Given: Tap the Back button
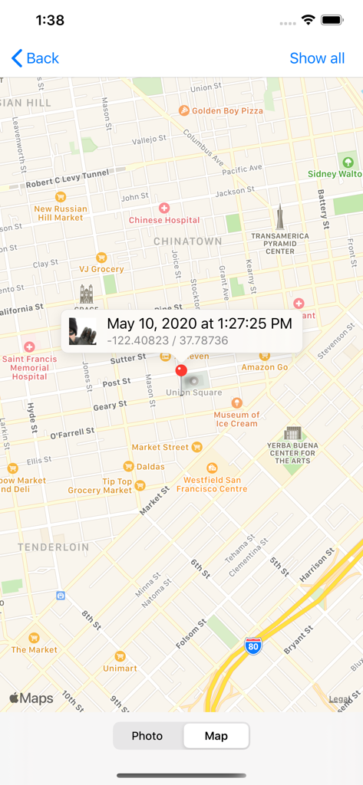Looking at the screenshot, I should [35, 58].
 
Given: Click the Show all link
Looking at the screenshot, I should [317, 58].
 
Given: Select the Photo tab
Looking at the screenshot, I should [147, 736].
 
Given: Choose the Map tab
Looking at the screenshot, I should [216, 736].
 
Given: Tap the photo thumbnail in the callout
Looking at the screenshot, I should [83, 331].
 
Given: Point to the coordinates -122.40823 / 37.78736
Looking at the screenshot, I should [167, 340].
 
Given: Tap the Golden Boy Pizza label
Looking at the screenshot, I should [227, 110].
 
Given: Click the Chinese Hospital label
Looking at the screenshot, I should [164, 220].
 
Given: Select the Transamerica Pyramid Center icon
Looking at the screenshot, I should [280, 218].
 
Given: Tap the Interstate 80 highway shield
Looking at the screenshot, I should [252, 645].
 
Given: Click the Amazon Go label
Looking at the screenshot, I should [265, 367].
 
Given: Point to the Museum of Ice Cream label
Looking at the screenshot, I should [236, 419].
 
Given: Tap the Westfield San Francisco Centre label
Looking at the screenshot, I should [211, 484].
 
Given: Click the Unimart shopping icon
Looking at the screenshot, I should [120, 657].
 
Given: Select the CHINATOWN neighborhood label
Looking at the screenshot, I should [188, 241].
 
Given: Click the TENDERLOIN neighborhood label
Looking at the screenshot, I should [54, 547].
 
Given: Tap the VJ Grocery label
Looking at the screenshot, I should [101, 269].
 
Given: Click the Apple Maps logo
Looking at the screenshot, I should [31, 698].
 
